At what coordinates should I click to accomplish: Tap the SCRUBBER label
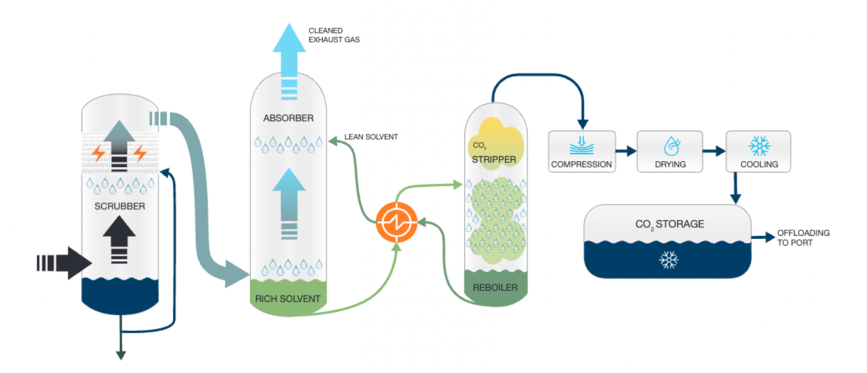[x=120, y=206]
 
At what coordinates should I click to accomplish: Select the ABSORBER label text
[x=289, y=118]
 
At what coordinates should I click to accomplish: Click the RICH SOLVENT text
[x=287, y=299]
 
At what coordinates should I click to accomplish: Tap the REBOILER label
[x=496, y=288]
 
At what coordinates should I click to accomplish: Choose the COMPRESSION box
[x=581, y=151]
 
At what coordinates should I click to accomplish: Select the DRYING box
[x=670, y=151]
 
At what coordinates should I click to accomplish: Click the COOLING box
[x=758, y=151]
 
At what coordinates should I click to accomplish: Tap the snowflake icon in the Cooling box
[x=758, y=145]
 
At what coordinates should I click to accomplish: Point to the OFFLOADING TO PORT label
[x=803, y=237]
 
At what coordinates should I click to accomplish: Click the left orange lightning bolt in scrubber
[x=99, y=153]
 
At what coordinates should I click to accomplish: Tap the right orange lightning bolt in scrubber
[x=140, y=153]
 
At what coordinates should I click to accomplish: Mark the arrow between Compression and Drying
[x=626, y=151]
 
